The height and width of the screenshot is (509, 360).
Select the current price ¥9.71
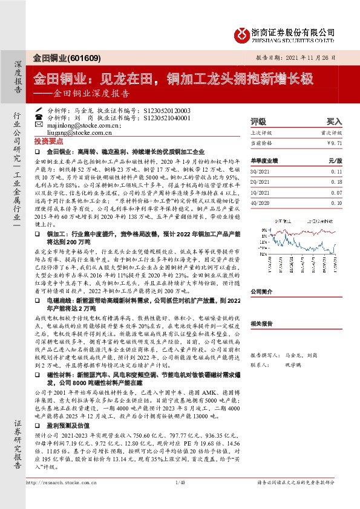(x=334, y=142)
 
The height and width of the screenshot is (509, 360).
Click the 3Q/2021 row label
(x=261, y=172)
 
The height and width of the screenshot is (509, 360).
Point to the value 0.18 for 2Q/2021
(x=336, y=181)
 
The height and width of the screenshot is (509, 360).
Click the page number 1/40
(x=179, y=499)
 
